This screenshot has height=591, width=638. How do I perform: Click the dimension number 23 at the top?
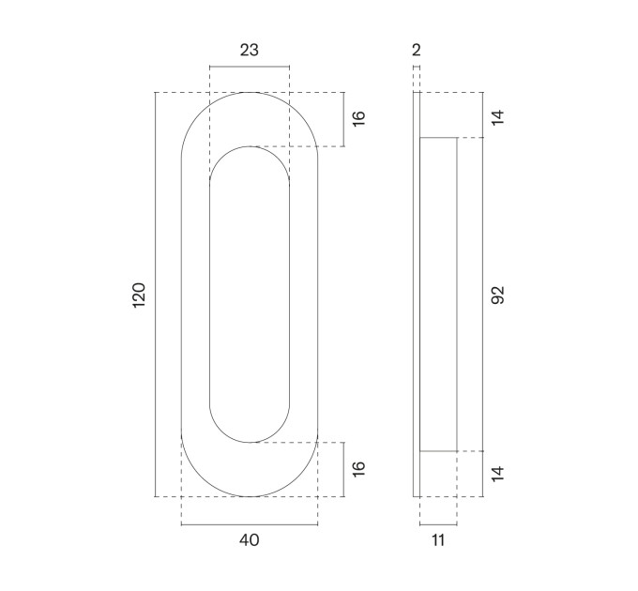(249, 50)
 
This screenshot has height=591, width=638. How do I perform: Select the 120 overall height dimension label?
(139, 295)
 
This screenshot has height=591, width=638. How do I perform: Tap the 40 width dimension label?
(249, 540)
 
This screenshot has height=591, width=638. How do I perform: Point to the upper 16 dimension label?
(358, 118)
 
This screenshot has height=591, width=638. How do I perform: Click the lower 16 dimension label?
(358, 469)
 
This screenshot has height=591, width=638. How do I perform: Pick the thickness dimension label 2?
(417, 50)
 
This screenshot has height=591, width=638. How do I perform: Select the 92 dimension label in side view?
(497, 295)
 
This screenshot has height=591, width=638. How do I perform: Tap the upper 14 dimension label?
(497, 117)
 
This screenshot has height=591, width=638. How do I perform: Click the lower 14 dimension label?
(497, 474)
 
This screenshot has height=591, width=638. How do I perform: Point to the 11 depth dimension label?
(438, 540)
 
